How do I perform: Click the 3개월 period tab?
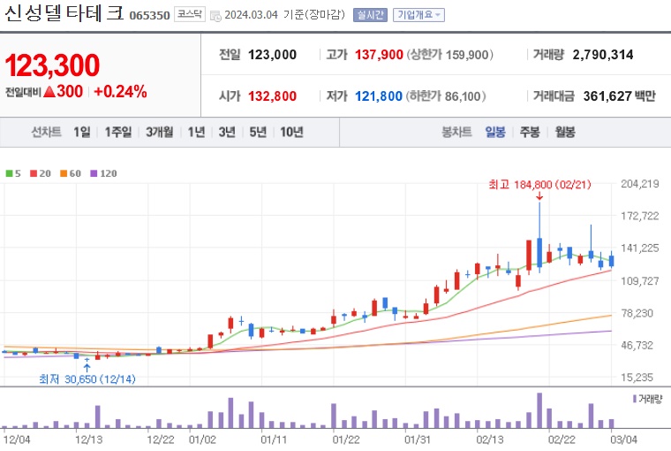160,132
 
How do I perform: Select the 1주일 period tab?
117,132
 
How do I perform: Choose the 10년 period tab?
291,132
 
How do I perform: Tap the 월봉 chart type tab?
565,132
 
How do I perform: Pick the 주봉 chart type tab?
530,132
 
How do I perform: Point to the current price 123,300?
52,65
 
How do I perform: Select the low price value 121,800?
378,96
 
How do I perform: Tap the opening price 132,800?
272,96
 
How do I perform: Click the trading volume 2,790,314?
603,55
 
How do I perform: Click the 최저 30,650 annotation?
87,378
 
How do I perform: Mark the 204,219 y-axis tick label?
641,184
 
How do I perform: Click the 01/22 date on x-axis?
345,438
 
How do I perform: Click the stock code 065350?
149,15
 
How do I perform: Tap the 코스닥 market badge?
188,15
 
